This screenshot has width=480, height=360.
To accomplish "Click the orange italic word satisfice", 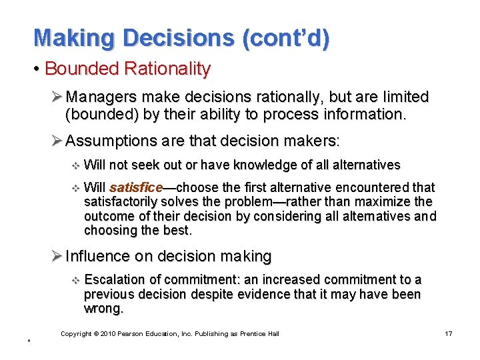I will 136,187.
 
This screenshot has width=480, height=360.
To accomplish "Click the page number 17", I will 448,333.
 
